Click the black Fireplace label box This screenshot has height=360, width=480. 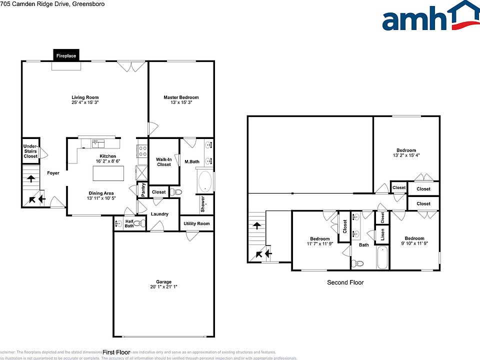pyautogui.click(x=66, y=56)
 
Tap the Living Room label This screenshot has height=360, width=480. pyautogui.click(x=84, y=97)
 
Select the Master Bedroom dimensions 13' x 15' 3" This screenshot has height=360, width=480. pyautogui.click(x=181, y=102)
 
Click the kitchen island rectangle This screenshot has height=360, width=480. pyautogui.click(x=108, y=173)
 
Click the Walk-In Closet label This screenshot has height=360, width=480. pyautogui.click(x=164, y=161)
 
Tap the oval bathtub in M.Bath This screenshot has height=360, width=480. pyautogui.click(x=205, y=182)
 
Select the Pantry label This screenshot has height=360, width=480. pyautogui.click(x=142, y=189)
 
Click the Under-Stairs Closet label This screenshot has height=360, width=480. pyautogui.click(x=30, y=151)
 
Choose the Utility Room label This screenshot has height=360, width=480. pyautogui.click(x=196, y=223)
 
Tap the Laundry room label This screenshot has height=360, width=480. pyautogui.click(x=159, y=214)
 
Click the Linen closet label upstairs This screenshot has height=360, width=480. pyautogui.click(x=382, y=235)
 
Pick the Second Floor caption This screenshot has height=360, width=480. pyautogui.click(x=345, y=282)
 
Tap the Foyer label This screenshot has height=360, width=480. pyautogui.click(x=53, y=173)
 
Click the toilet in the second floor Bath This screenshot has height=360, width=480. pyautogui.click(x=358, y=263)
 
